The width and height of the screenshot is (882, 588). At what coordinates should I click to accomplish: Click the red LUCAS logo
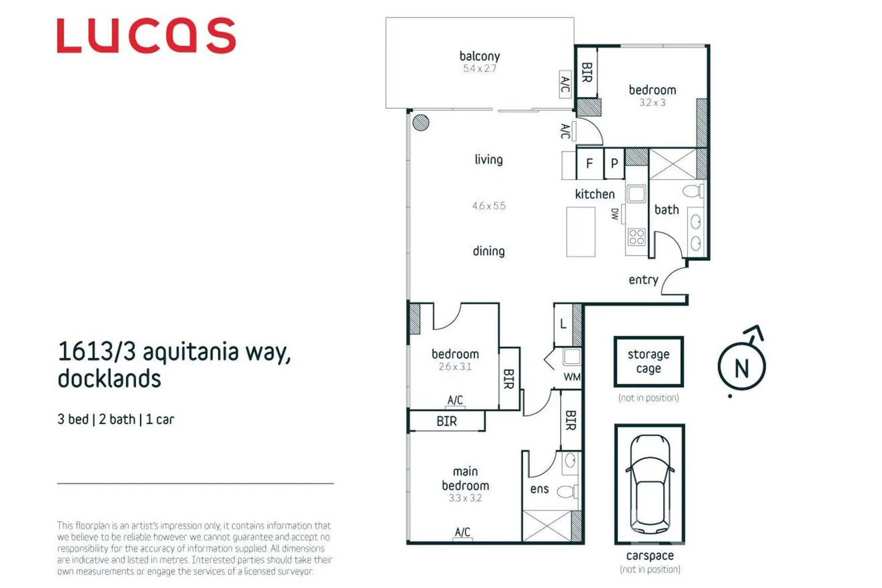pyautogui.click(x=146, y=36)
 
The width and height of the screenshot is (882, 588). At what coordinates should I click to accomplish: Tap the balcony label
pyautogui.click(x=479, y=56)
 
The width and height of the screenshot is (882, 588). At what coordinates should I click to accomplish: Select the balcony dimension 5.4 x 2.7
pyautogui.click(x=479, y=69)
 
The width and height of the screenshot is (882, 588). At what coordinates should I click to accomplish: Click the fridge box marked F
pyautogui.click(x=589, y=163)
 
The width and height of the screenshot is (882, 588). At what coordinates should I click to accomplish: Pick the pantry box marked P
pyautogui.click(x=615, y=163)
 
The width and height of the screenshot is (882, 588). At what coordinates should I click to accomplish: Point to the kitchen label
pyautogui.click(x=594, y=194)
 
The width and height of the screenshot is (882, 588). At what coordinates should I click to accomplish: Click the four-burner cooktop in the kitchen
pyautogui.click(x=636, y=237)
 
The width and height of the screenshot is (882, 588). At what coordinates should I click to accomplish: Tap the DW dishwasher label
pyautogui.click(x=615, y=214)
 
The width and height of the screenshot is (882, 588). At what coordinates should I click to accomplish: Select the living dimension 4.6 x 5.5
pyautogui.click(x=489, y=206)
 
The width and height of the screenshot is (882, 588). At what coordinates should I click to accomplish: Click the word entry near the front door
pyautogui.click(x=643, y=280)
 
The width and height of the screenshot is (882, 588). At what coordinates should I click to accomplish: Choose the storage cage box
pyautogui.click(x=648, y=362)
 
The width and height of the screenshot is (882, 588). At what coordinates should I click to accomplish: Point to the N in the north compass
pyautogui.click(x=741, y=369)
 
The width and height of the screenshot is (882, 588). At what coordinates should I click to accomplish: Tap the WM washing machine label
pyautogui.click(x=572, y=377)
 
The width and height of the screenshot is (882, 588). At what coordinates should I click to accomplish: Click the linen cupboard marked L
pyautogui.click(x=563, y=324)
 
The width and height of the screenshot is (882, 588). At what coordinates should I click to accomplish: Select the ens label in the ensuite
pyautogui.click(x=539, y=489)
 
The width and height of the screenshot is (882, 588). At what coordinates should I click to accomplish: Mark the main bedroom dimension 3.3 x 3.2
pyautogui.click(x=465, y=498)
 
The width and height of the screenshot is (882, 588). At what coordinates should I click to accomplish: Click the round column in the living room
pyautogui.click(x=421, y=122)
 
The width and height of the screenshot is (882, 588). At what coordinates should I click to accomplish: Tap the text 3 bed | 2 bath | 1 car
pyautogui.click(x=115, y=419)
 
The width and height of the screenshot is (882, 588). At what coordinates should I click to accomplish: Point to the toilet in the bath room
pyautogui.click(x=693, y=191)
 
